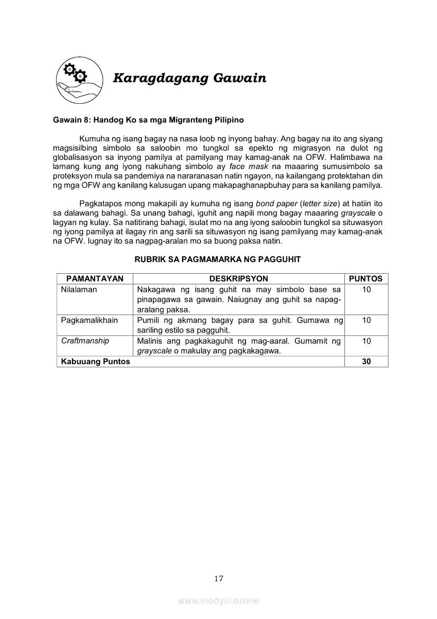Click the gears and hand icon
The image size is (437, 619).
click(79, 78)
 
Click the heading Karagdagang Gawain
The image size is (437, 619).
click(189, 78)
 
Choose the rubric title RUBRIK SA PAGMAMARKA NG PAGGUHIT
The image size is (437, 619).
click(217, 259)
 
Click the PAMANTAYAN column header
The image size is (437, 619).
click(95, 279)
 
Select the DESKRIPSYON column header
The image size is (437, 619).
click(239, 279)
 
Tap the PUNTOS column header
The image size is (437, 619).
click(366, 279)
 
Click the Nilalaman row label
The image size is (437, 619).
click(79, 290)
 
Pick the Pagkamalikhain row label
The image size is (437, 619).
click(89, 320)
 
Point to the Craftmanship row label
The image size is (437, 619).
click(85, 341)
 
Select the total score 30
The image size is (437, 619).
click(366, 362)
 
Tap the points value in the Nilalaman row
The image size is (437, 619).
click(366, 290)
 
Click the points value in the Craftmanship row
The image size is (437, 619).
click(366, 341)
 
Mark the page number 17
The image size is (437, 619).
click(218, 578)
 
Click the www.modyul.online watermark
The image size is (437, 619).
click(218, 601)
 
